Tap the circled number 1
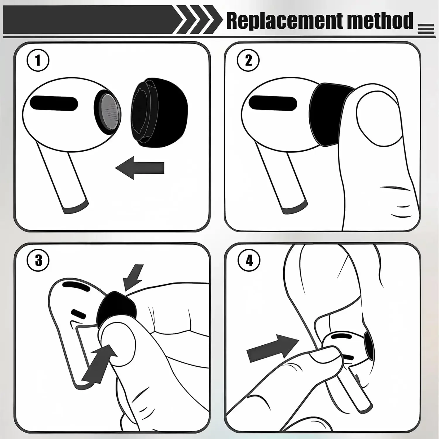click(x=38, y=61)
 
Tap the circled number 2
click(x=248, y=61)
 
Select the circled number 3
click(x=38, y=260)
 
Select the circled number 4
click(x=249, y=260)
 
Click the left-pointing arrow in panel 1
click(x=140, y=168)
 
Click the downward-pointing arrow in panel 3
click(x=133, y=277)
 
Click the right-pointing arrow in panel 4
click(x=273, y=348)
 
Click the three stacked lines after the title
click(x=426, y=29)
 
